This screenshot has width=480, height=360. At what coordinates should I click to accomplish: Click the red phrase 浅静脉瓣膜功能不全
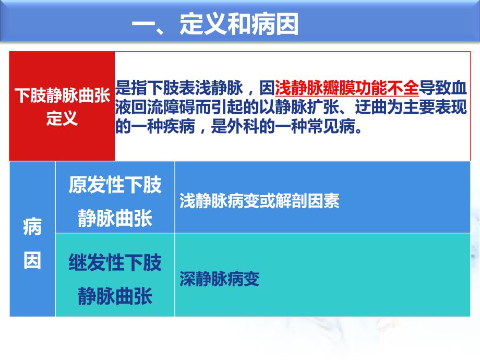(x=346, y=87)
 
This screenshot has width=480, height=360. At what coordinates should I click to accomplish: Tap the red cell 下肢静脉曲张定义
(x=62, y=106)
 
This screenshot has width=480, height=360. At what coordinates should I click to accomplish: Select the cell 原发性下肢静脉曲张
(x=115, y=201)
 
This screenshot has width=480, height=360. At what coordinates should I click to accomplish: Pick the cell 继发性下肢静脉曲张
(x=115, y=279)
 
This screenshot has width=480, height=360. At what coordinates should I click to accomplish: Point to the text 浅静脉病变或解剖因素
(x=259, y=201)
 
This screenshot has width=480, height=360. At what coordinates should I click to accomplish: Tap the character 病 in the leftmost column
(x=32, y=228)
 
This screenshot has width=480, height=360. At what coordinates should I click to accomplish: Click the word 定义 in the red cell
(x=62, y=118)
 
